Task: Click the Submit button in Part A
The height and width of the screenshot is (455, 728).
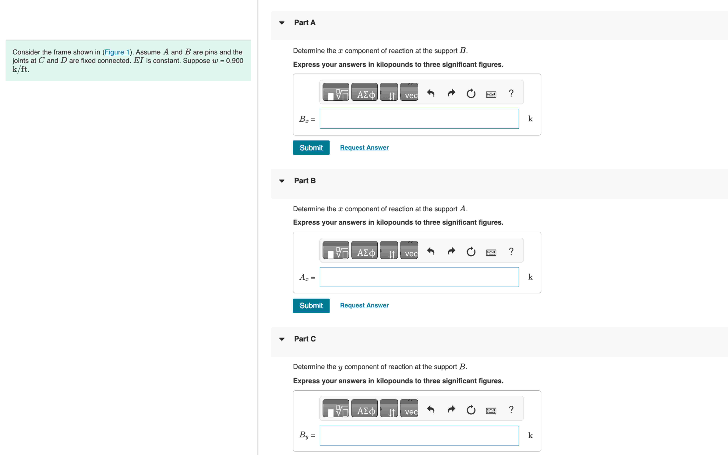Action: pyautogui.click(x=311, y=148)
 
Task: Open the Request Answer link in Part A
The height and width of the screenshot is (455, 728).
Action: pyautogui.click(x=364, y=147)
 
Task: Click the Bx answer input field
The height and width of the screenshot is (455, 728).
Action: pyautogui.click(x=419, y=119)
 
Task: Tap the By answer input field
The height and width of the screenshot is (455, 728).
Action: pyautogui.click(x=419, y=435)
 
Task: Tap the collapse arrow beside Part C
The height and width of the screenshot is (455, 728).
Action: pyautogui.click(x=282, y=339)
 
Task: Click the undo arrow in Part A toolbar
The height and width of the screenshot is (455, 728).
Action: pyautogui.click(x=431, y=94)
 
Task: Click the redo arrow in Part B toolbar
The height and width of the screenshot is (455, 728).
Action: pyautogui.click(x=451, y=252)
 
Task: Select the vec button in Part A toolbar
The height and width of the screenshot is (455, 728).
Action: pyautogui.click(x=409, y=92)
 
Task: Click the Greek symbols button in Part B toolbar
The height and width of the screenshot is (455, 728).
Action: pyautogui.click(x=364, y=250)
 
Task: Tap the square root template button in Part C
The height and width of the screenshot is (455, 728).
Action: pyautogui.click(x=336, y=408)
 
